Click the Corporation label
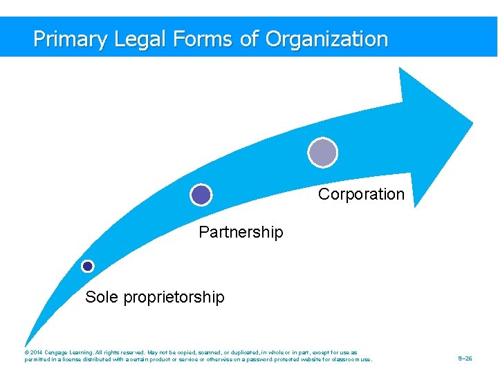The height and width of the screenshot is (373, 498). click(361, 194)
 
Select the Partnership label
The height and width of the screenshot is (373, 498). click(241, 232)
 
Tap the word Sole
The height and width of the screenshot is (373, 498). click(101, 297)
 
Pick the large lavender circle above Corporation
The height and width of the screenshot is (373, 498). click(322, 152)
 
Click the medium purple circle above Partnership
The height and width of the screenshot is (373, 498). click(201, 195)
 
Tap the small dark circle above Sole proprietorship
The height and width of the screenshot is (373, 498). click(88, 266)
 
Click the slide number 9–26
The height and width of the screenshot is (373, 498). click(465, 359)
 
